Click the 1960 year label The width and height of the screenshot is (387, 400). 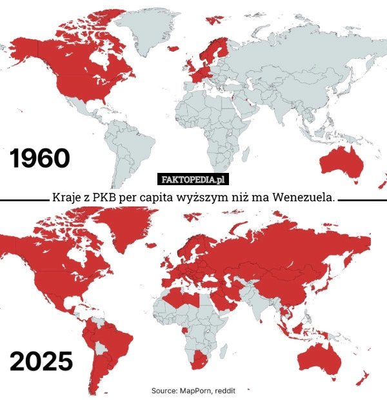tap(39, 158)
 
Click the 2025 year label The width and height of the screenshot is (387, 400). tap(41, 361)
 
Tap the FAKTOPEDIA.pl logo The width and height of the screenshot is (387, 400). tap(193, 179)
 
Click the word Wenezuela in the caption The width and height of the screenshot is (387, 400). tap(304, 196)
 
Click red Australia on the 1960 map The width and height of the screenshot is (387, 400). tap(339, 161)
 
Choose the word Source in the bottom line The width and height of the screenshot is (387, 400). tap(165, 391)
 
